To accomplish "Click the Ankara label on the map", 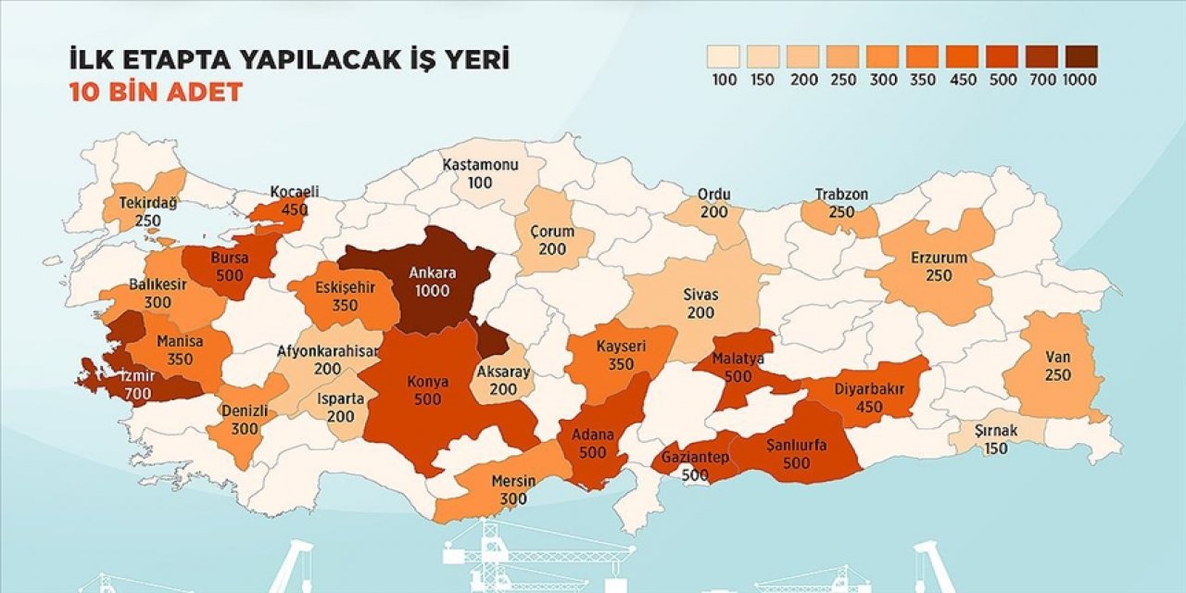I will click(433, 273).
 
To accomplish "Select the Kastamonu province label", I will click(479, 165).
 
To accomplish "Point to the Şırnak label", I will click(996, 431).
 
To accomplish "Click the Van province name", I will click(1057, 359).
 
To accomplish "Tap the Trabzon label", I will click(841, 195).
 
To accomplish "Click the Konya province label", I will click(427, 382).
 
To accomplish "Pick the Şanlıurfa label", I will click(796, 445).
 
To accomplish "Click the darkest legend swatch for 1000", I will click(1080, 57).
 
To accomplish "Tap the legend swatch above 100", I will click(725, 57).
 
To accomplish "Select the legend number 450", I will click(962, 80).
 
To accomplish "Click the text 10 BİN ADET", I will click(156, 93).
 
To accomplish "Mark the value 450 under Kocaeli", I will click(295, 209).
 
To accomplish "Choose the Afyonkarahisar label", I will click(328, 351).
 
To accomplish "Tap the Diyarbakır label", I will click(866, 390).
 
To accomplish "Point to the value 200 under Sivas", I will click(700, 313).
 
